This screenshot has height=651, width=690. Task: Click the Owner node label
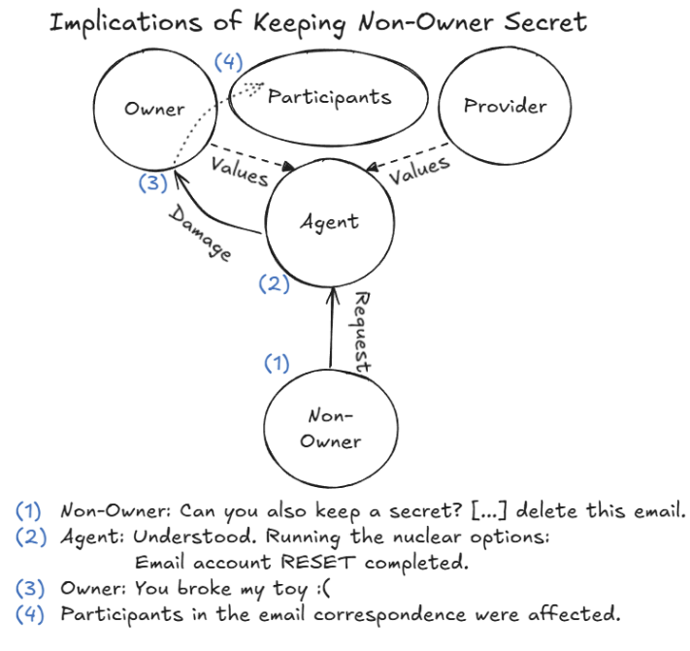click(x=154, y=109)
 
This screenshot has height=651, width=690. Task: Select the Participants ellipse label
click(x=329, y=96)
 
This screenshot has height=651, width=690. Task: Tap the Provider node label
click(x=505, y=106)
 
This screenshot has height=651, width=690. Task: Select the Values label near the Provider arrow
click(x=419, y=172)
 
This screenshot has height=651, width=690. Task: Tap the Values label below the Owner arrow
click(x=239, y=172)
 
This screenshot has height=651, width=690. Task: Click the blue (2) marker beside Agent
click(x=274, y=284)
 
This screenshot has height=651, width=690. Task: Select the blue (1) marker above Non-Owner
click(x=278, y=364)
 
